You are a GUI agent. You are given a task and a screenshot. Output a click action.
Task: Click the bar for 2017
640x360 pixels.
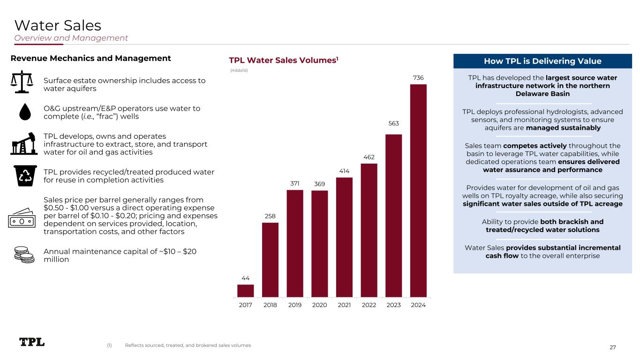(x=246, y=291)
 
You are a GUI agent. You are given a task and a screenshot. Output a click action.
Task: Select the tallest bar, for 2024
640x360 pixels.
(x=418, y=191)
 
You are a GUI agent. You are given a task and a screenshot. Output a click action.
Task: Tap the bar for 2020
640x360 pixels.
(x=320, y=244)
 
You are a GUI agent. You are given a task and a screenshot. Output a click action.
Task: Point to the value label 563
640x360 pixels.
(x=393, y=124)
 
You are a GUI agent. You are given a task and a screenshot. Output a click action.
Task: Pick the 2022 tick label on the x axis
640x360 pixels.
(x=369, y=305)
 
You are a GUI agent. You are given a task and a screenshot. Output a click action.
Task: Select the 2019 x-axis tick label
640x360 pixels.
(x=295, y=305)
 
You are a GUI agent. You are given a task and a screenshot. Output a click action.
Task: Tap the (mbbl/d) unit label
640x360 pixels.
(x=239, y=70)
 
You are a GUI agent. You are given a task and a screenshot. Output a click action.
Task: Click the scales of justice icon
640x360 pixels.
(x=23, y=82)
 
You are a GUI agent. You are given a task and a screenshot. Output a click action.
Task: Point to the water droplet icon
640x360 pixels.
(x=23, y=111)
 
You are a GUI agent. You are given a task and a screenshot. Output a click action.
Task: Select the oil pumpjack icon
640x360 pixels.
(x=23, y=144)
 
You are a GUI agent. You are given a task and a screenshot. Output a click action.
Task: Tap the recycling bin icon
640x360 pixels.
(x=23, y=175)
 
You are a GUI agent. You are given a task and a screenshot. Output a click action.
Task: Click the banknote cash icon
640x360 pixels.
(x=23, y=217)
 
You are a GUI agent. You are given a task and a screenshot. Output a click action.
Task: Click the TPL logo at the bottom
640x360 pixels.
(x=32, y=342)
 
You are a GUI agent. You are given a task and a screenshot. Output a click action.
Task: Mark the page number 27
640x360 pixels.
(x=612, y=347)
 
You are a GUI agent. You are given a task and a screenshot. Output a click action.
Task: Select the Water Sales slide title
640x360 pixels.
(x=58, y=24)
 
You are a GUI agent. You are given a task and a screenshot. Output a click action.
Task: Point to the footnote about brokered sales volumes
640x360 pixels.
(x=188, y=345)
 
